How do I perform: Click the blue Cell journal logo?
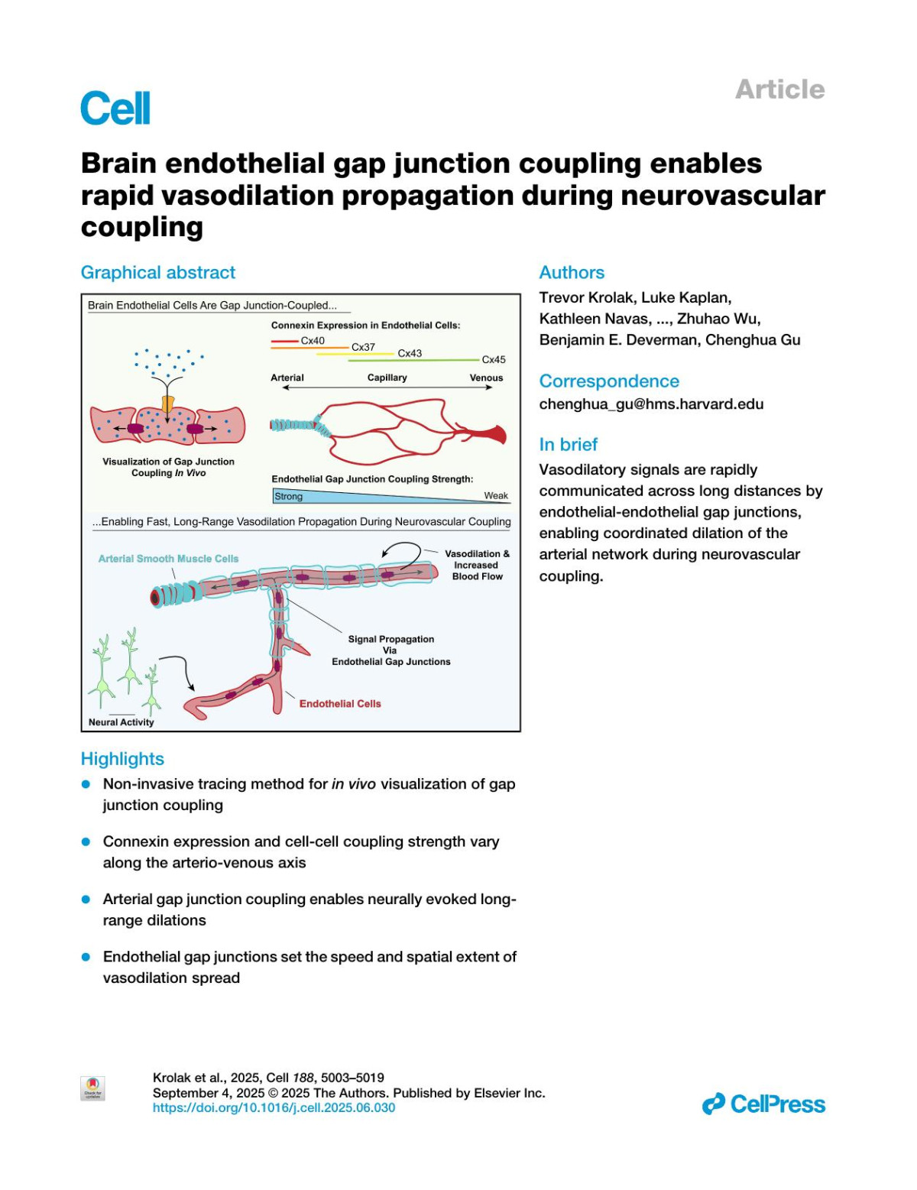point(115,108)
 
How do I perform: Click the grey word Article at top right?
point(779,89)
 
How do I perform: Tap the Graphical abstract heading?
point(158,273)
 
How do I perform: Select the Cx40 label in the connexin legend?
point(313,341)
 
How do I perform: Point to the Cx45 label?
point(494,359)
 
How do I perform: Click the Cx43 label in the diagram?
point(410,353)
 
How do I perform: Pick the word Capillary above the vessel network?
point(387,378)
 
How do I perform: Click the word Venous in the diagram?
point(486,378)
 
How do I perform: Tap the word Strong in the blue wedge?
point(289,496)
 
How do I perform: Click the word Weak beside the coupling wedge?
point(496,495)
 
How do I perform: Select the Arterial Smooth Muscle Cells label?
point(168,559)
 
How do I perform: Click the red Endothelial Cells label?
point(340,704)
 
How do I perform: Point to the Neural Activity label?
point(122,722)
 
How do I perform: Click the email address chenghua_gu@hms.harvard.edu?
point(651,404)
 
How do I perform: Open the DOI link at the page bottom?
point(274,1107)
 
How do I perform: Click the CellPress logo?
point(763,1104)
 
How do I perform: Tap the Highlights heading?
point(122,759)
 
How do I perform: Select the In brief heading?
point(568,444)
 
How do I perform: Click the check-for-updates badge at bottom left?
point(92,1088)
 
